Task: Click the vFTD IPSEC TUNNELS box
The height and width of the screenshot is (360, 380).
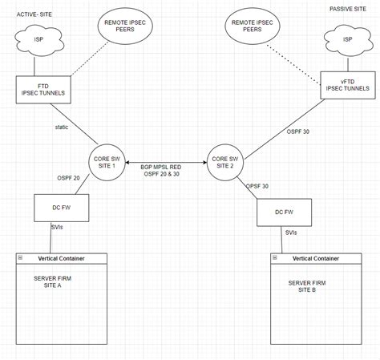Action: [347, 86]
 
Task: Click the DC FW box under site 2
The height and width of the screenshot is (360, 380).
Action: [282, 212]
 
